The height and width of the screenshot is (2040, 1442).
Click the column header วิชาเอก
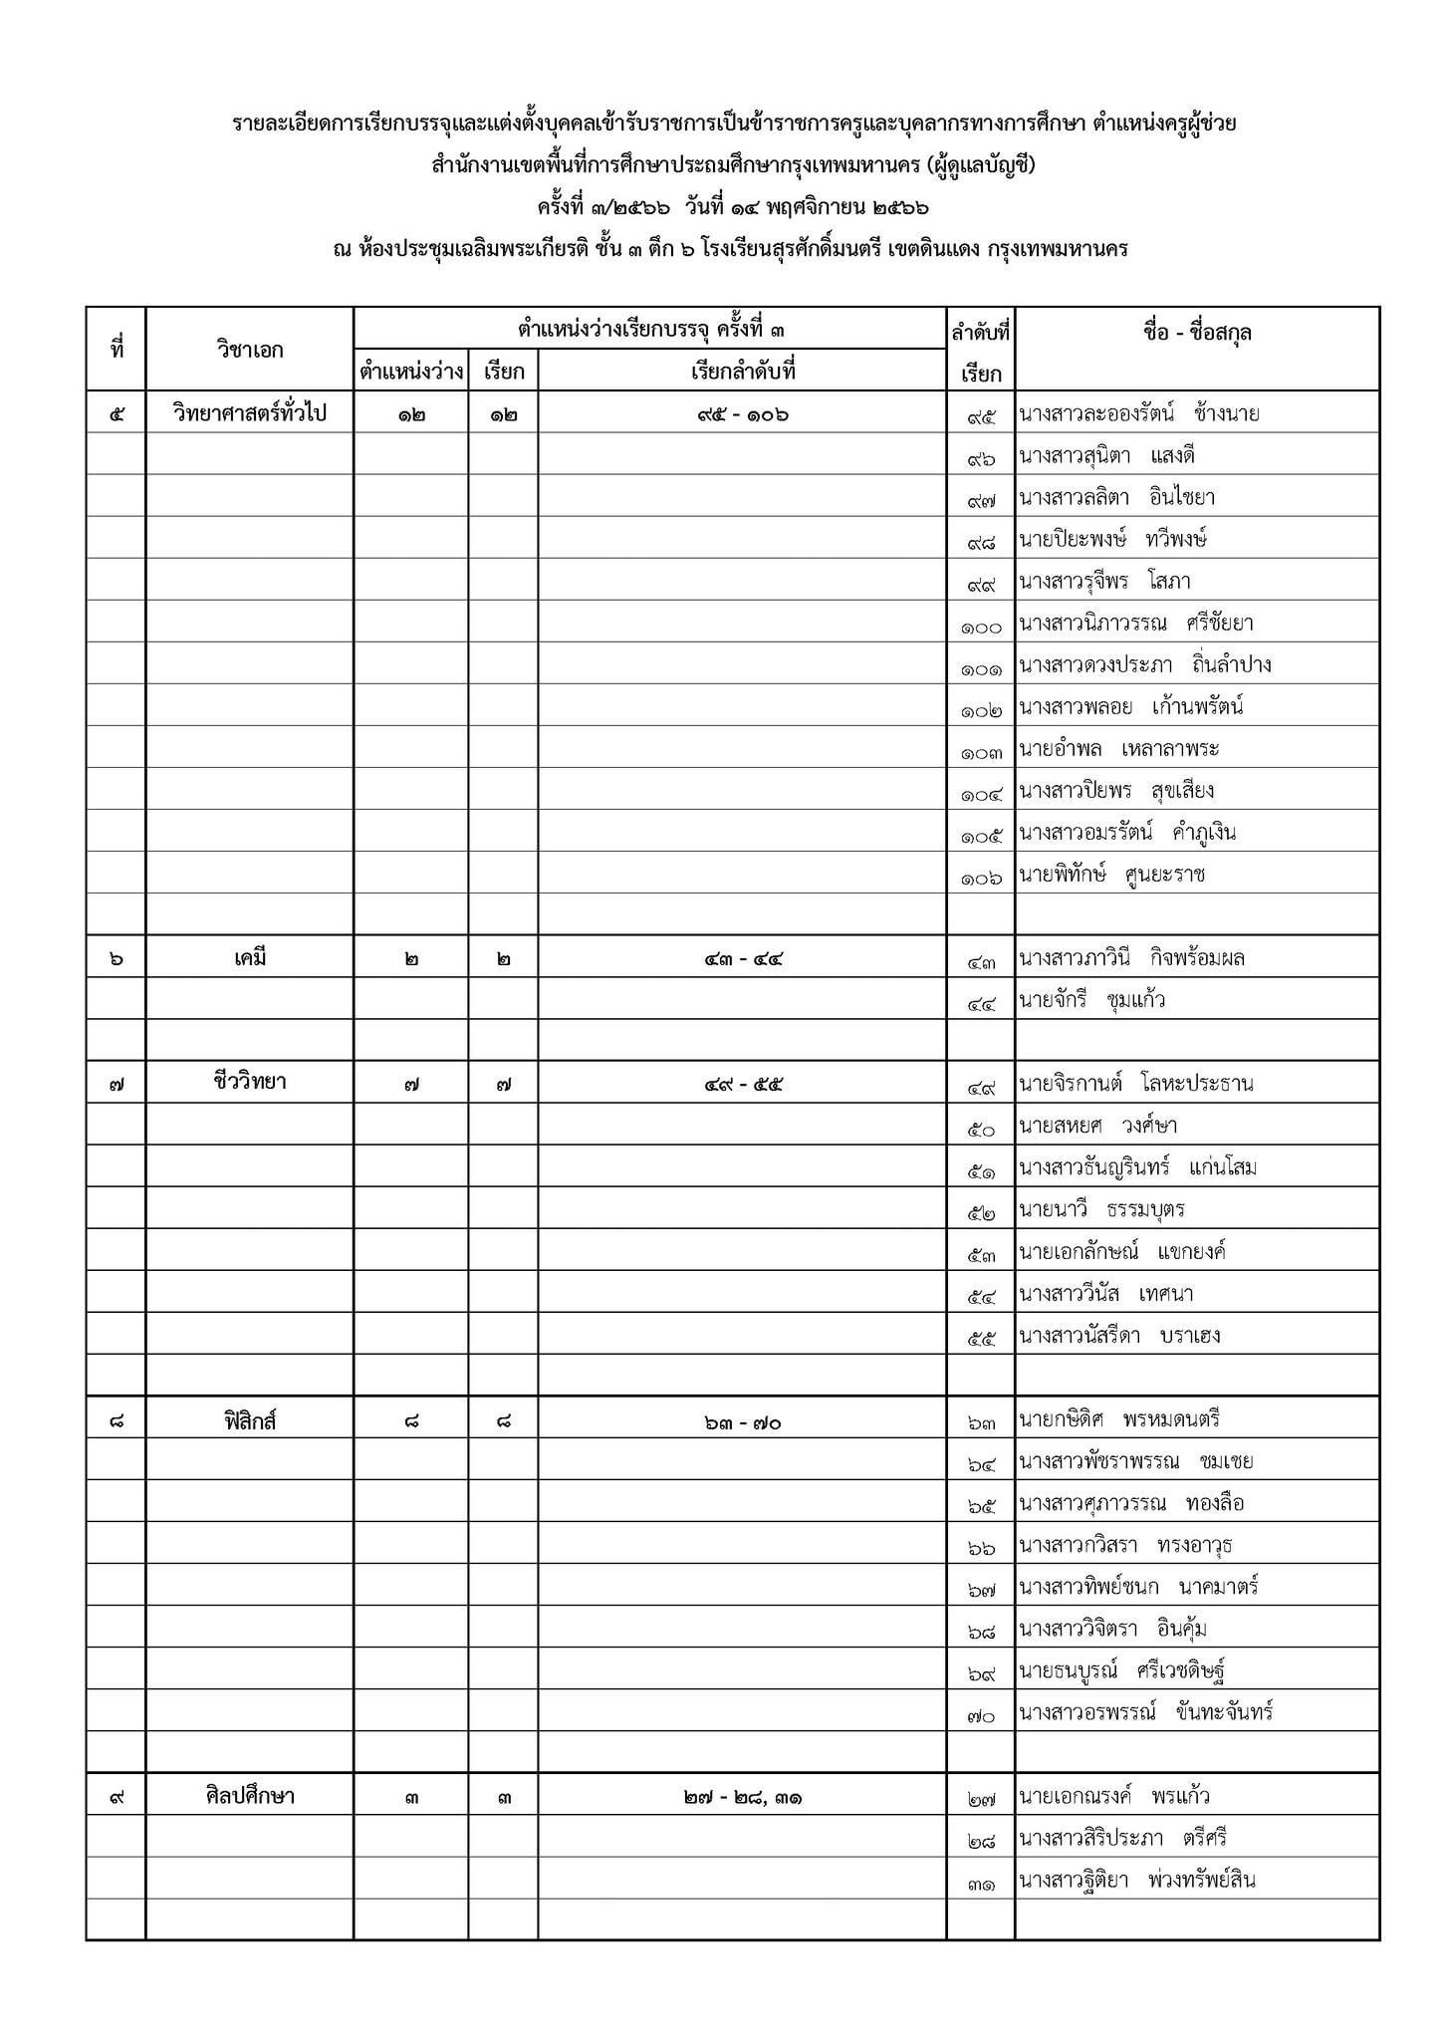(249, 350)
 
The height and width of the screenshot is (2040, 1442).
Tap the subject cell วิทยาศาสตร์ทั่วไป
(249, 413)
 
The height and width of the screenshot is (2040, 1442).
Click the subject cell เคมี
(249, 959)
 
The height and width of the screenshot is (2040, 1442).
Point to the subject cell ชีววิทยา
(249, 1083)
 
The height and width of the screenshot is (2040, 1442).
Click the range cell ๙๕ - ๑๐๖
(742, 414)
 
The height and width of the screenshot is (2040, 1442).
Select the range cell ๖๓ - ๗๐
(742, 1422)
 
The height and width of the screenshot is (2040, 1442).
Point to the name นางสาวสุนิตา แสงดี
(1105, 456)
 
